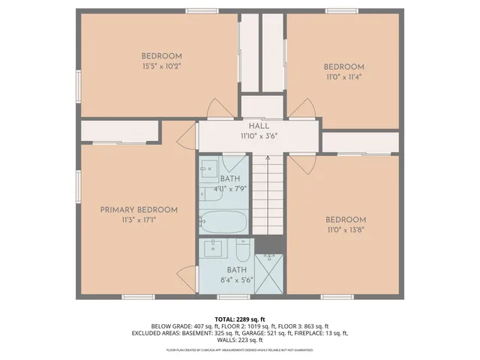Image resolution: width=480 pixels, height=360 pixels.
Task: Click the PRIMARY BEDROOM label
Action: click(139, 210)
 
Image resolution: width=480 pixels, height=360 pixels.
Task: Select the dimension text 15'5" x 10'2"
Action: click(162, 66)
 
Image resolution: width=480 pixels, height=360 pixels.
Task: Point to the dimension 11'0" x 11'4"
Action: click(343, 76)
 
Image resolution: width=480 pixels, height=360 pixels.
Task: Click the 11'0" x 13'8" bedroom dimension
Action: click(343, 229)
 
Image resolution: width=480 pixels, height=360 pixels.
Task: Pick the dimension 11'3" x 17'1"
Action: click(139, 220)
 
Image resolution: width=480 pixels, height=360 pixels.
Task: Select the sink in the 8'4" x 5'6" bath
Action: click(213, 247)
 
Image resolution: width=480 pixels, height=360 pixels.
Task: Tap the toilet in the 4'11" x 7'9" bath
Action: click(233, 166)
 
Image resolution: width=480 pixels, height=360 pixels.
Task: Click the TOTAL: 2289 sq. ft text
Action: click(240, 318)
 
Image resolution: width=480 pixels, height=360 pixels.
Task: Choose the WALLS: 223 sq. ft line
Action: click(240, 340)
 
